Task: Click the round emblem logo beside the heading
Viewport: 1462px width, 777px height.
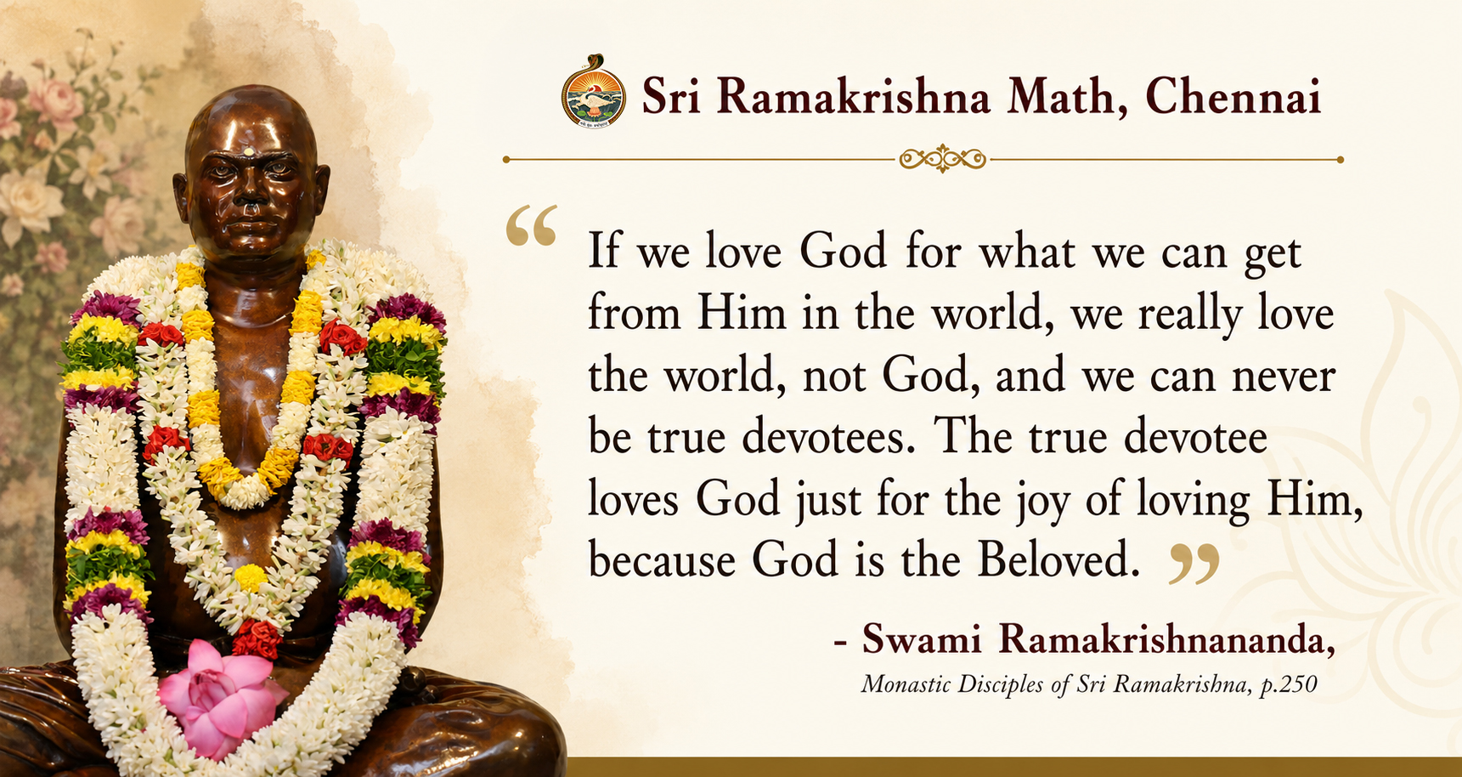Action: coord(594,92)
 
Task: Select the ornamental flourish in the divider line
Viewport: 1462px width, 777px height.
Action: coord(942,159)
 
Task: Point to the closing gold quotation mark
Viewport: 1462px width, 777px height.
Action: coord(1194,564)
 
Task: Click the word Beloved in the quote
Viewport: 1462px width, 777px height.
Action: coord(1058,559)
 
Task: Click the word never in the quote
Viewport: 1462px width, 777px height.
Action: coord(1283,376)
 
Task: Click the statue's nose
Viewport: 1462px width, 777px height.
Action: coord(250,196)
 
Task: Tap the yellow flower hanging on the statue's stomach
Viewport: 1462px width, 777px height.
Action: coord(251,578)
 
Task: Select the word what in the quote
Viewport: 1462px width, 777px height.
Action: coord(1028,252)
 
